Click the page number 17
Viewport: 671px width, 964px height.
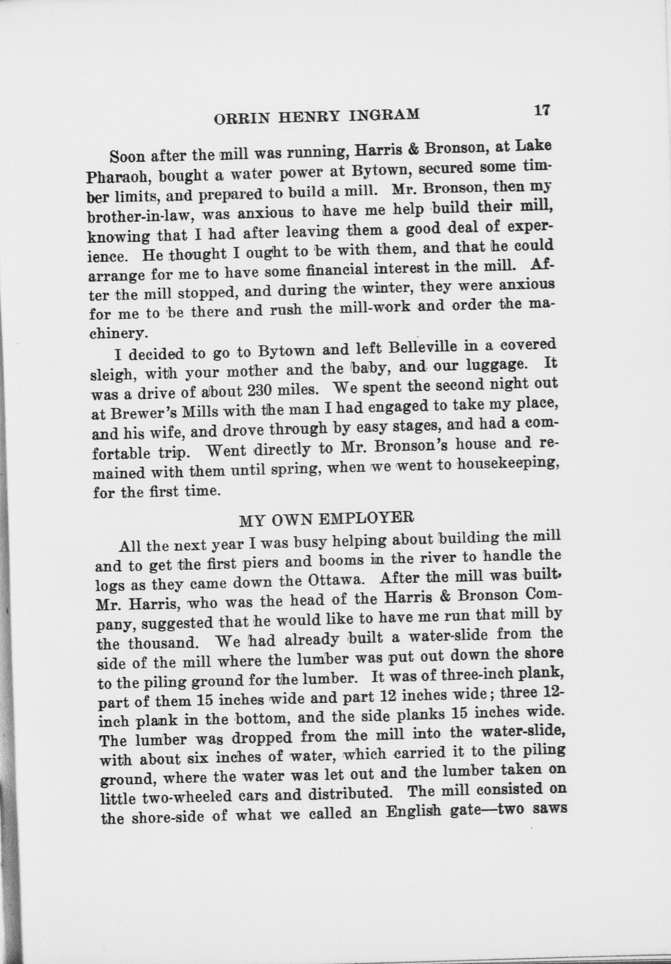click(x=541, y=111)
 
